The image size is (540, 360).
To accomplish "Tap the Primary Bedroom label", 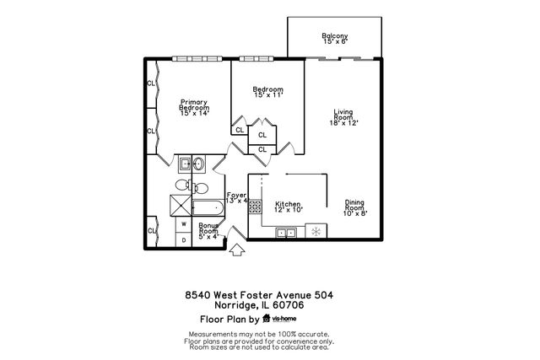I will [194, 106].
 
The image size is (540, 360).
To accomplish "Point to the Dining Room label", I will [355, 205].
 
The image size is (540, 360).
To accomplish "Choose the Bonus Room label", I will [208, 231].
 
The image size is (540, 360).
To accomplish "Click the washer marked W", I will [184, 225].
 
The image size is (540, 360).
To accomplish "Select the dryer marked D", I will [184, 239].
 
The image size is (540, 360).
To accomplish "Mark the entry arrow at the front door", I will [237, 249].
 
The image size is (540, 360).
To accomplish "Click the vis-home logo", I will [279, 320].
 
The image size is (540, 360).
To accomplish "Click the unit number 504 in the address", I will [324, 294].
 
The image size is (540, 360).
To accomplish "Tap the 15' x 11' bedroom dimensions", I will [268, 96].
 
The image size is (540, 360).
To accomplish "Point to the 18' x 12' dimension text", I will [344, 124].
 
